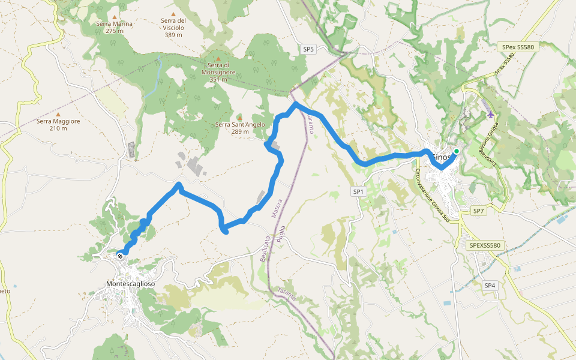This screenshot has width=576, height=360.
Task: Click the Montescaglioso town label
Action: click(130, 283)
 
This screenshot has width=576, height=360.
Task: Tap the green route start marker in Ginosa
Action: click(456, 151)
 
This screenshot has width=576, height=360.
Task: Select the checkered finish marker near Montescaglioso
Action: click(121, 256)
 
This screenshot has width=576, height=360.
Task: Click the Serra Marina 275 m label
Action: click(114, 27)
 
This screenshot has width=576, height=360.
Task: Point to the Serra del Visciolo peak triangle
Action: click(173, 14)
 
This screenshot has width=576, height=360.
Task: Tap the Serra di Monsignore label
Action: click(218, 71)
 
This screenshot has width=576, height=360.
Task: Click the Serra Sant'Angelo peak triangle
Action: click(239, 116)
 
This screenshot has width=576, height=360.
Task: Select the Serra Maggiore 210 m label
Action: click(58, 124)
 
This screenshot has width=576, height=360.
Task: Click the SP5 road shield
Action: click(308, 49)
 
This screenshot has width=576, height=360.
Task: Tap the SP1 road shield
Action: click(358, 191)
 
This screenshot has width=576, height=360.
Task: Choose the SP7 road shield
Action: click(478, 211)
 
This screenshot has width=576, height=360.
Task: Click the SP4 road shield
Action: click(490, 285)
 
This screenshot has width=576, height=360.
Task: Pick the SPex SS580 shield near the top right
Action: click(516, 46)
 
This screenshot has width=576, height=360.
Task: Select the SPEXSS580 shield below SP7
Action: click(485, 245)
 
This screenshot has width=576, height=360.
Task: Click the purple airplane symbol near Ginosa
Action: click(491, 114)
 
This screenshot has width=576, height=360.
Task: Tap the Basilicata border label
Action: click(263, 247)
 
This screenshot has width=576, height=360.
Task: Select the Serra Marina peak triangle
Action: click(114, 17)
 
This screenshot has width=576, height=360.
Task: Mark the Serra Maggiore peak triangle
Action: click(58, 114)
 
